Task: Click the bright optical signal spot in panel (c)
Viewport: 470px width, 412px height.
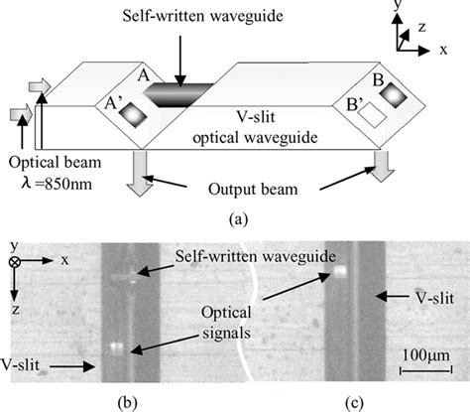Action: [x=339, y=269]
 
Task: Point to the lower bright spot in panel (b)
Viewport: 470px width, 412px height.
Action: [x=118, y=347]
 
